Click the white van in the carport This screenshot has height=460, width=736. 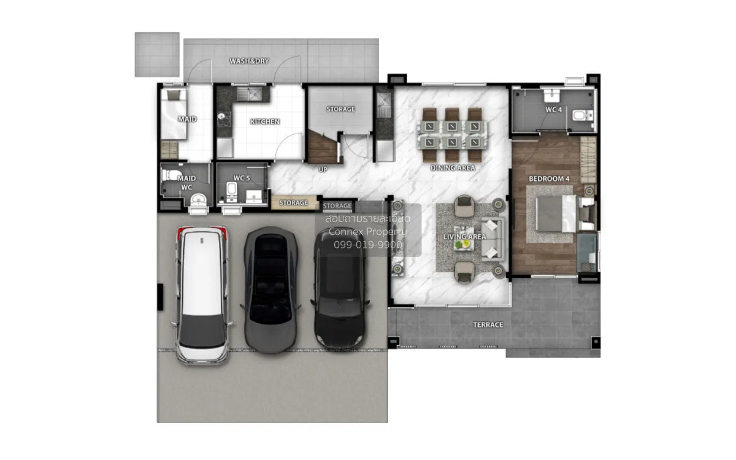pyautogui.click(x=202, y=295)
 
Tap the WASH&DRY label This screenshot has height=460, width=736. pyautogui.click(x=249, y=61)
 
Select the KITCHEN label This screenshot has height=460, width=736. pyautogui.click(x=265, y=122)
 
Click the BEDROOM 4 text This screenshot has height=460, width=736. pyautogui.click(x=549, y=178)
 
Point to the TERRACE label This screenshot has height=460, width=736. pyautogui.click(x=488, y=325)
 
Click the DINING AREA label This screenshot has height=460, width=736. pyautogui.click(x=453, y=168)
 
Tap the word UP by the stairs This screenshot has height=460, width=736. pyautogui.click(x=323, y=169)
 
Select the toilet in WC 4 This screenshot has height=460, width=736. pyautogui.click(x=583, y=116)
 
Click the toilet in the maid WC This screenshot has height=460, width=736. pyautogui.click(x=171, y=175)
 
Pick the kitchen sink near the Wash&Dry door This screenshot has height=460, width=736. pyautogui.click(x=249, y=94)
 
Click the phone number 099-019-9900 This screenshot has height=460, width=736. pyautogui.click(x=367, y=245)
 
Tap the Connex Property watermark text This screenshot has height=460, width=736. pyautogui.click(x=367, y=232)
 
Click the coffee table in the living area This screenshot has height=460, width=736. pyautogui.click(x=464, y=239)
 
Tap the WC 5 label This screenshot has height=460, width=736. pyautogui.click(x=242, y=178)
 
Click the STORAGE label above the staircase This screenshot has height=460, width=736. pyautogui.click(x=341, y=109)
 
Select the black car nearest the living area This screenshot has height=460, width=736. pyautogui.click(x=340, y=288)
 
